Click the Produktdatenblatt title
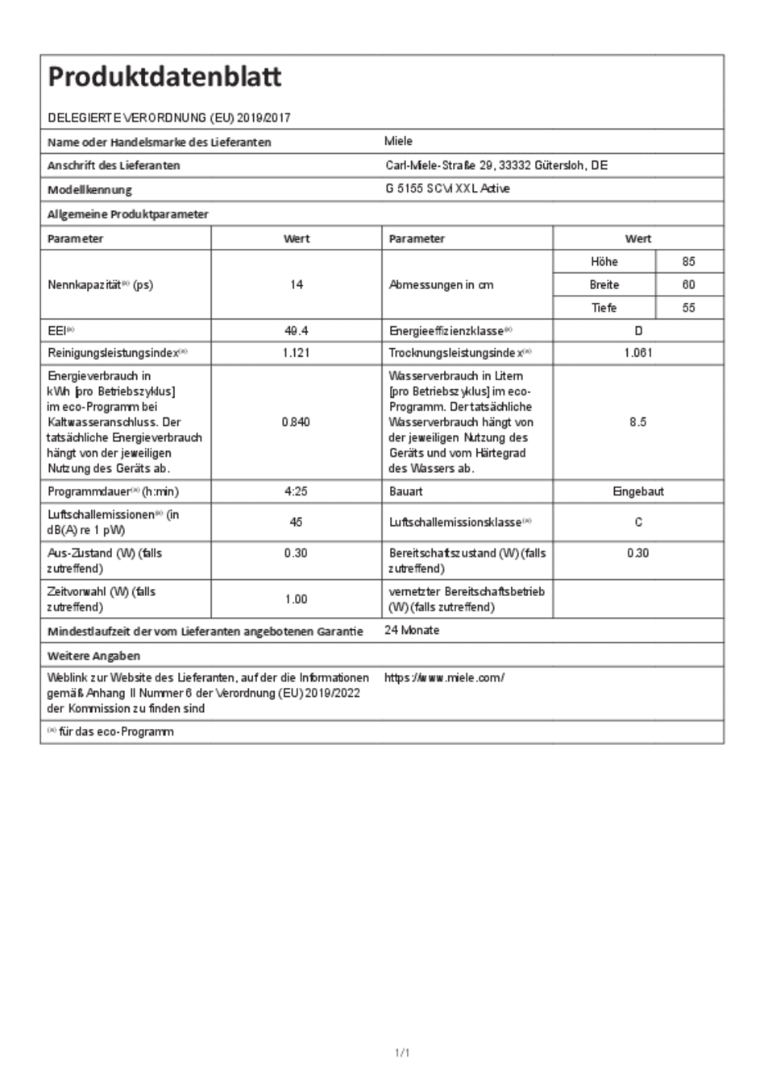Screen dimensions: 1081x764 click(164, 77)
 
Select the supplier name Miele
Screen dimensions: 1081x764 click(398, 141)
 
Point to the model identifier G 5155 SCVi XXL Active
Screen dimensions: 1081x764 click(447, 188)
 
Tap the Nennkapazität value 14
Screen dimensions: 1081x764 click(297, 284)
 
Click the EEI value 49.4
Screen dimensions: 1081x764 click(297, 330)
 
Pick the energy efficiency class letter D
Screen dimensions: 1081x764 click(638, 330)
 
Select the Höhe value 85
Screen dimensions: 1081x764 click(688, 262)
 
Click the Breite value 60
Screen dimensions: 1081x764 click(688, 284)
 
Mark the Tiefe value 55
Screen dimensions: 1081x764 click(688, 308)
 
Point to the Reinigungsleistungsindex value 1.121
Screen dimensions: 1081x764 click(297, 353)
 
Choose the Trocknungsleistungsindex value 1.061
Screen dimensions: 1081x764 click(638, 353)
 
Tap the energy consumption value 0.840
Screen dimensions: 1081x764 click(296, 422)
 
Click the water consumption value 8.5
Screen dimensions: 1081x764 click(638, 422)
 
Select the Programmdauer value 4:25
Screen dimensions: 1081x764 click(296, 491)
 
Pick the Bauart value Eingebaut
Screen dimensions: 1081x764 click(638, 491)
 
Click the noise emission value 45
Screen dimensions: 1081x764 click(296, 522)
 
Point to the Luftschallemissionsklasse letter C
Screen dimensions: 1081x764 click(638, 522)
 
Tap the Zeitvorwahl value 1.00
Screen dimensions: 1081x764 click(296, 599)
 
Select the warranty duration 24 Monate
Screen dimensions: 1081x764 click(412, 630)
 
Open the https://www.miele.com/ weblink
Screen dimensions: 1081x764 click(444, 677)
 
